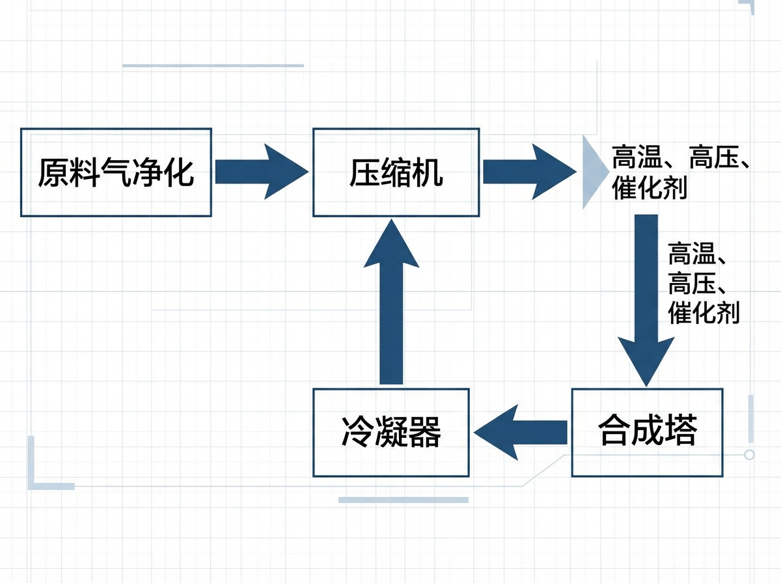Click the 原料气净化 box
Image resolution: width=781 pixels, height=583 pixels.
(x=116, y=172)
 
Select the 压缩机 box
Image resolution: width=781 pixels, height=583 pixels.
(x=396, y=172)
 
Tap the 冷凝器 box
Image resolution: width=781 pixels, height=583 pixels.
(x=390, y=433)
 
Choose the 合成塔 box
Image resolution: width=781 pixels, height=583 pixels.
(x=648, y=433)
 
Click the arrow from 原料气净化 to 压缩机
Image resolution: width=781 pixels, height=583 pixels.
(x=260, y=172)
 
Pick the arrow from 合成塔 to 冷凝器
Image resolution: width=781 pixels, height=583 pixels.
(x=521, y=433)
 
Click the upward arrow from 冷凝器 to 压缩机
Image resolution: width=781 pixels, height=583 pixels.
(x=392, y=299)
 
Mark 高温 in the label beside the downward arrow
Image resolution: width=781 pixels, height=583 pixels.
(x=692, y=254)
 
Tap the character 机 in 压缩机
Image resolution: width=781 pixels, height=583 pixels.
(x=428, y=172)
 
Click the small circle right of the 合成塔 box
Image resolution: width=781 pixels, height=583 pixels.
(x=749, y=455)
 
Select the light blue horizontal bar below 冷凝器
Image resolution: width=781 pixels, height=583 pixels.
(x=404, y=500)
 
